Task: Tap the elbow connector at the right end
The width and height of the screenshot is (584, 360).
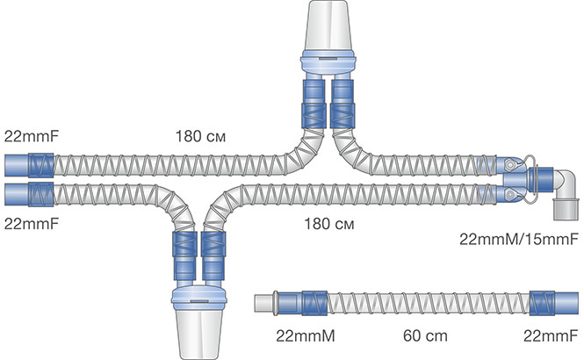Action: pyautogui.click(x=563, y=188)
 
